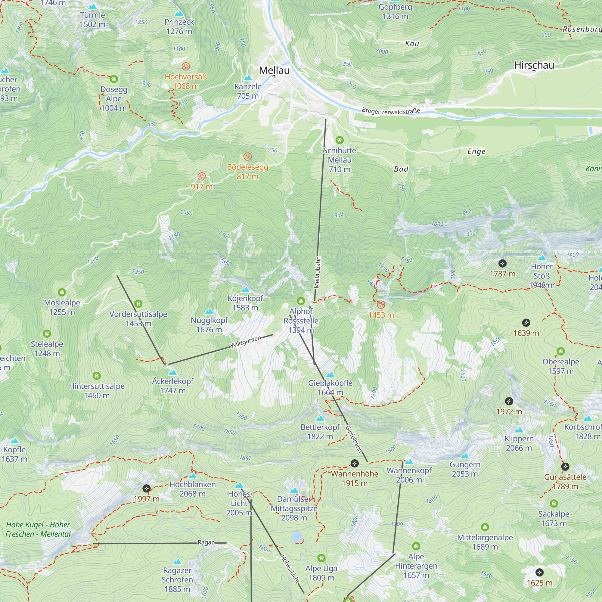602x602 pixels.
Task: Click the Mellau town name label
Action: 274,70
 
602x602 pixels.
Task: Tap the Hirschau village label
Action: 534,65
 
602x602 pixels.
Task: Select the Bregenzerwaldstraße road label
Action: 391,111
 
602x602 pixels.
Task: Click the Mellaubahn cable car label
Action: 317,272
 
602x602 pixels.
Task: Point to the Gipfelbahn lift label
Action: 354,439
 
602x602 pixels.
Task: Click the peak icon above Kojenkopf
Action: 245,290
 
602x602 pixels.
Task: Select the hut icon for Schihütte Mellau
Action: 339,140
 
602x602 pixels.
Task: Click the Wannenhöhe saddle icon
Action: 354,463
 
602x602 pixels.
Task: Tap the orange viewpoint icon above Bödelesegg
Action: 247,157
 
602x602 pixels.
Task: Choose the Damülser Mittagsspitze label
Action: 294,508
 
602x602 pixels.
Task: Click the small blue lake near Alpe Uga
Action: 297,537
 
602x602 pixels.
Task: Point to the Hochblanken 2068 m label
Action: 193,489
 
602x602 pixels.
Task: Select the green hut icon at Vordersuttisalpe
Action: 138,303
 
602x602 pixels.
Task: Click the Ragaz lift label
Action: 206,542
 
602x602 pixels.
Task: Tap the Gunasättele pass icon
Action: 565,467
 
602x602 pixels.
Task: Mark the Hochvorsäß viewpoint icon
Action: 186,66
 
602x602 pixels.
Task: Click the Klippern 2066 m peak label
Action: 519,443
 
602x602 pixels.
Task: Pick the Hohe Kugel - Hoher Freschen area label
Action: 38,529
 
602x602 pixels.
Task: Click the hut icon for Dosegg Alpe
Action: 114,79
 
